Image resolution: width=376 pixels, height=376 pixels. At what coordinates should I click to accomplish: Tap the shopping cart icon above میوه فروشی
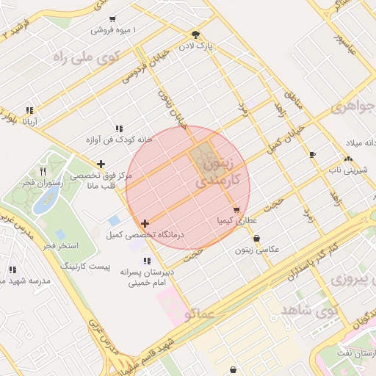[x=112, y=20]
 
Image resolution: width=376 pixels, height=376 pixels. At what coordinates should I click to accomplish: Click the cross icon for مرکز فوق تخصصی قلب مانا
[x=101, y=164]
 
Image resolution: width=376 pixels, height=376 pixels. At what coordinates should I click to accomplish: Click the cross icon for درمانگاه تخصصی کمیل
[x=145, y=223]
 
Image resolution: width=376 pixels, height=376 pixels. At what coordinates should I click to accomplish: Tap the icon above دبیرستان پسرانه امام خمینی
[x=148, y=261]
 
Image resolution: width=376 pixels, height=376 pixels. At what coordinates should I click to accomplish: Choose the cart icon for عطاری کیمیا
[x=236, y=210]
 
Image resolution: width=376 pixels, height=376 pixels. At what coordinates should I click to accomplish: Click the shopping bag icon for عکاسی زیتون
[x=256, y=239]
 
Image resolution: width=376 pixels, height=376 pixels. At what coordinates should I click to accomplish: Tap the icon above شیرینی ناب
[x=348, y=159]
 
